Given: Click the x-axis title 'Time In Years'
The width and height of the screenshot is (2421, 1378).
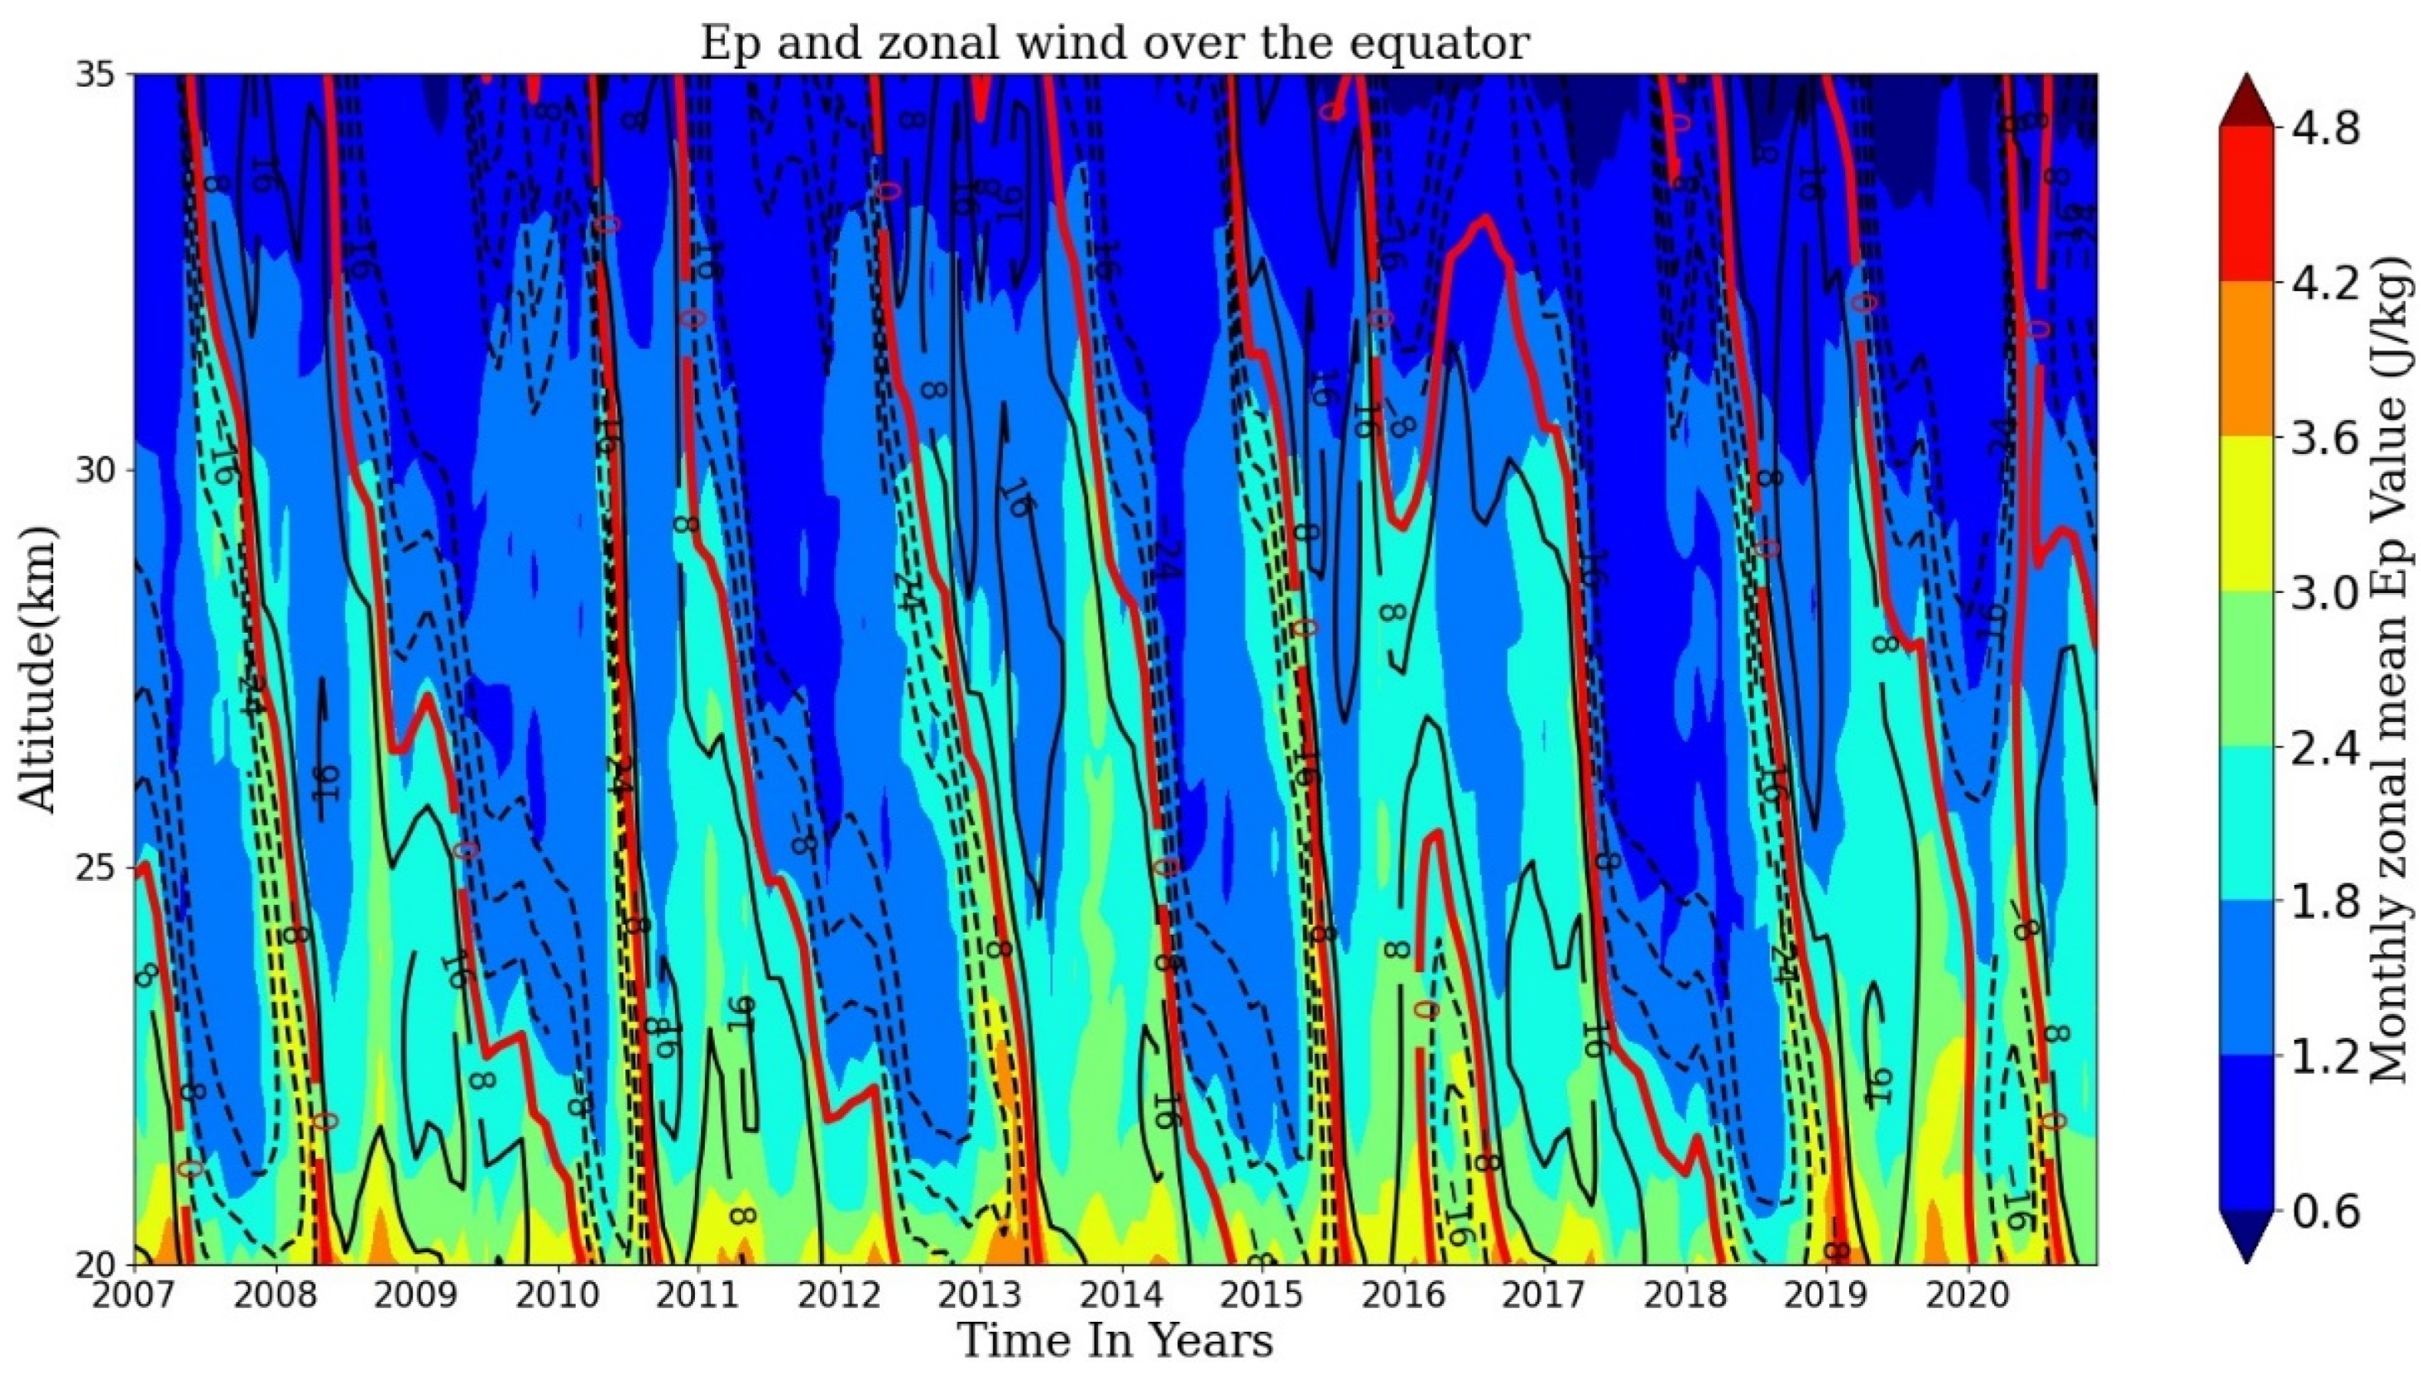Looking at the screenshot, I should (1114, 1340).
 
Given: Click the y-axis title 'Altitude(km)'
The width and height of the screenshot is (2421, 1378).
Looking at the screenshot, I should (38, 669).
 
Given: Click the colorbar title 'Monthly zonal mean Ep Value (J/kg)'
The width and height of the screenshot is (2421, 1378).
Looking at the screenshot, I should (2390, 669).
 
